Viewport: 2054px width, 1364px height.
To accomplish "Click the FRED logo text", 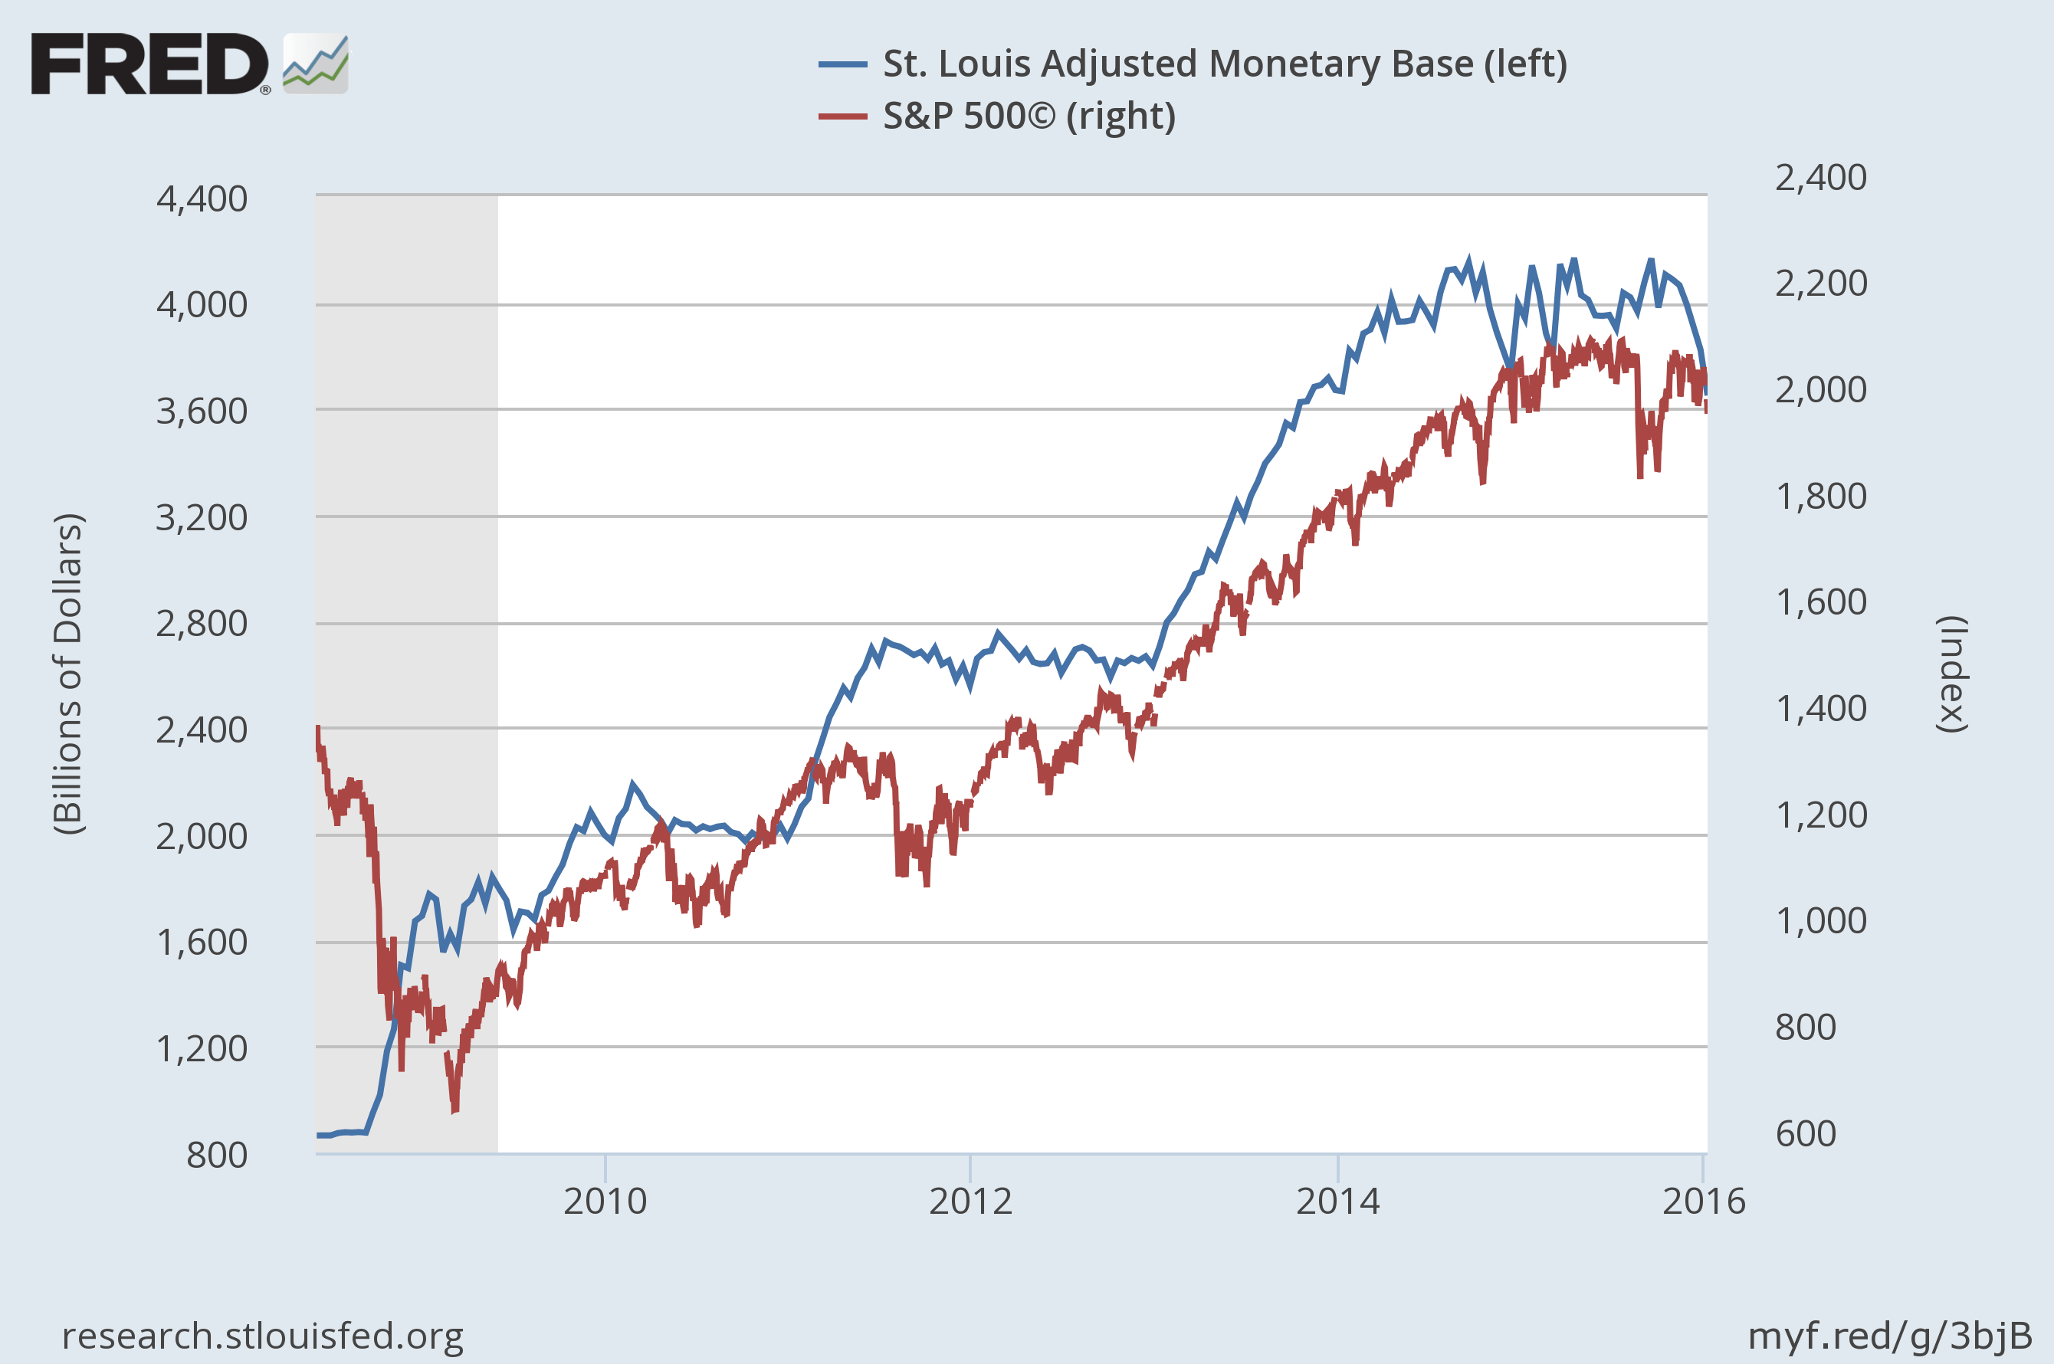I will tap(149, 64).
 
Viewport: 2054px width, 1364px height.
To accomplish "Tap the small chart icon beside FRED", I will tap(316, 64).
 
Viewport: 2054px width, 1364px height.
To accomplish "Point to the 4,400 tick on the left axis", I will tap(202, 199).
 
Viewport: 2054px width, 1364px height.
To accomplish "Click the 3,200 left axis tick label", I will tap(202, 517).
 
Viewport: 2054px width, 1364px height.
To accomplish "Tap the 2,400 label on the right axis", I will tap(1820, 178).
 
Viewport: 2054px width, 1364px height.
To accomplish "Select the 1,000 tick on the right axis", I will tap(1820, 920).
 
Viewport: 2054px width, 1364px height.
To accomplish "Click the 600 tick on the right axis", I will tap(1805, 1133).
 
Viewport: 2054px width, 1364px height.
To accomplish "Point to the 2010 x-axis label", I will tap(605, 1202).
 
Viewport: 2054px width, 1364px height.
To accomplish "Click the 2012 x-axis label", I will tap(970, 1202).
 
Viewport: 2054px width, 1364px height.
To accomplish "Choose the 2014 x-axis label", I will tap(1337, 1202).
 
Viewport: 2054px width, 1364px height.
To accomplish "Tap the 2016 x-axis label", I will tap(1704, 1202).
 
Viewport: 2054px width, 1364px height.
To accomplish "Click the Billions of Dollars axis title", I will tap(68, 674).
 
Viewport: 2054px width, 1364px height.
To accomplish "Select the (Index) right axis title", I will tap(1952, 674).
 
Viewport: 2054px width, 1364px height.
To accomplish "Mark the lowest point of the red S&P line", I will tap(454, 1111).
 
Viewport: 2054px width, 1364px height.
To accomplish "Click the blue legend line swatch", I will tap(842, 64).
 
